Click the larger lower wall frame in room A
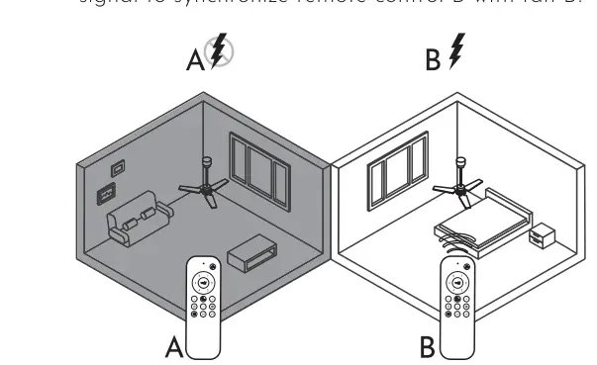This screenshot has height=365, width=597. [x=104, y=194]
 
